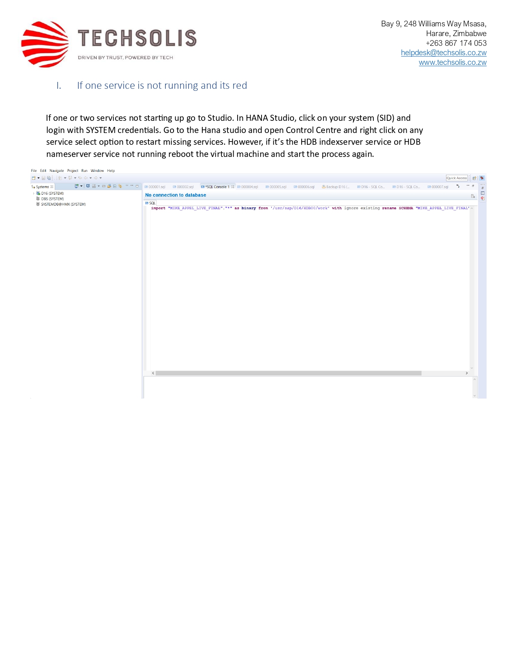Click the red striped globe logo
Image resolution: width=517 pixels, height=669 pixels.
pos(45,44)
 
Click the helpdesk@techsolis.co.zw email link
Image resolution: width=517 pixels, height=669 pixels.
pos(444,53)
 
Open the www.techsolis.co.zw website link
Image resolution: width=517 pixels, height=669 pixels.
pos(453,62)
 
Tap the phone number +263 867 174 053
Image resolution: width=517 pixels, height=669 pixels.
pos(456,43)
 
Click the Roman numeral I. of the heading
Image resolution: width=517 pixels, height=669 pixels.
pos(59,86)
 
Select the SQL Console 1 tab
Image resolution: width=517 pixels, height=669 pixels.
pos(217,187)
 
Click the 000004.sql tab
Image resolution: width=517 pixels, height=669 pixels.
pos(249,187)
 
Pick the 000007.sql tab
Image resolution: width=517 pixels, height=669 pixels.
pos(440,187)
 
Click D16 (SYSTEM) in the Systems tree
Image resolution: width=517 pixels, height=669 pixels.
pos(52,193)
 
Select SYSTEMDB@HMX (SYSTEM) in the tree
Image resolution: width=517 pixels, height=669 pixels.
pos(63,204)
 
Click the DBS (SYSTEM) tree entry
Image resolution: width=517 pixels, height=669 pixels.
pos(52,199)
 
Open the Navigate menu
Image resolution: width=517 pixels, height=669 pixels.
pos(57,171)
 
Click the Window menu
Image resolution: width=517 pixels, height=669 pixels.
pos(97,171)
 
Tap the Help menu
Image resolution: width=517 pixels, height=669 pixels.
pos(111,171)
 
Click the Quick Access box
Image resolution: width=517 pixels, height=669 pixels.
pos(457,178)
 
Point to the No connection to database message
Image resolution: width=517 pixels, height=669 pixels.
pos(176,195)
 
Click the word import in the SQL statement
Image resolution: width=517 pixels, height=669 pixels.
pos(158,208)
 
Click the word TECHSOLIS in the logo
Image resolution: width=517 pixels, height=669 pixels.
pos(137,38)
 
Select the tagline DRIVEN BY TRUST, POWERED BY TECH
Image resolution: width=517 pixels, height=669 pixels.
pos(125,58)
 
